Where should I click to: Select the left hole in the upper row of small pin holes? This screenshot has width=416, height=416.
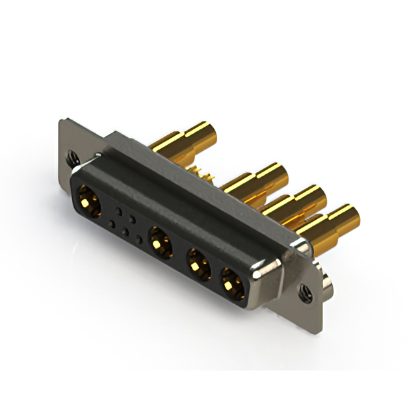119,211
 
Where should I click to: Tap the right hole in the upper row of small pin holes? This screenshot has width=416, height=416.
132,219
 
